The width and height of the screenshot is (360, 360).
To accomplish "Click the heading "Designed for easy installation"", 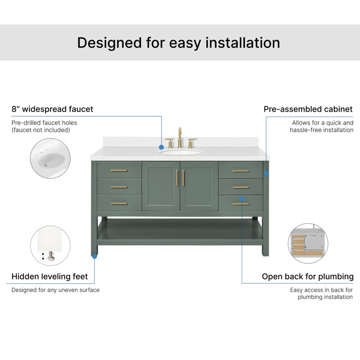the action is (179, 43).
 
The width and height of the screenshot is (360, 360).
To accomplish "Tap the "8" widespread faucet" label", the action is (52, 109).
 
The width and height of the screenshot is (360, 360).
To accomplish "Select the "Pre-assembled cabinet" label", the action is (308, 109).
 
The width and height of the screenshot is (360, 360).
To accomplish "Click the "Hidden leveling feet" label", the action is (49, 276).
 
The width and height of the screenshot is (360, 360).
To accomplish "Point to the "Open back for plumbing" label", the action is (308, 277).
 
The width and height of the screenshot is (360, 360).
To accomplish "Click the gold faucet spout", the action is (180, 138).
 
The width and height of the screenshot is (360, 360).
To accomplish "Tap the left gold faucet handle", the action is (170, 143).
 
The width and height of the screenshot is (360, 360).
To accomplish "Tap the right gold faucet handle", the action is (192, 143).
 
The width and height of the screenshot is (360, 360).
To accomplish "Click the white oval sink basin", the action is (180, 152).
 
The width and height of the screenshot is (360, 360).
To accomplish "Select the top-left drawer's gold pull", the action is (119, 171).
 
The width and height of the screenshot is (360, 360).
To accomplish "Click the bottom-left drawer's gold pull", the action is (119, 203).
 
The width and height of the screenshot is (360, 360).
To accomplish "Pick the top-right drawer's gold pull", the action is (241, 171).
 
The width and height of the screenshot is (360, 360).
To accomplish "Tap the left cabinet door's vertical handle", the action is (177, 178).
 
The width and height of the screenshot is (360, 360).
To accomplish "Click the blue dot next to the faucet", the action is (162, 147).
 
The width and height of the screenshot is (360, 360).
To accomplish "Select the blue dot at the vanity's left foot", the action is (94, 256).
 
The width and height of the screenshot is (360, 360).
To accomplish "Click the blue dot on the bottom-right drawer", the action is (242, 198).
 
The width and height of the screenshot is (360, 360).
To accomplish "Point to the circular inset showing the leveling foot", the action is (50, 246).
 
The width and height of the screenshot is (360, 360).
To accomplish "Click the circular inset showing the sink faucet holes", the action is (50, 158).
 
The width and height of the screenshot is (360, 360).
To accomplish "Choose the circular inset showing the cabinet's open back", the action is (308, 243).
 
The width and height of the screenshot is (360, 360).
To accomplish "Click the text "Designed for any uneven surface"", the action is (55, 290).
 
